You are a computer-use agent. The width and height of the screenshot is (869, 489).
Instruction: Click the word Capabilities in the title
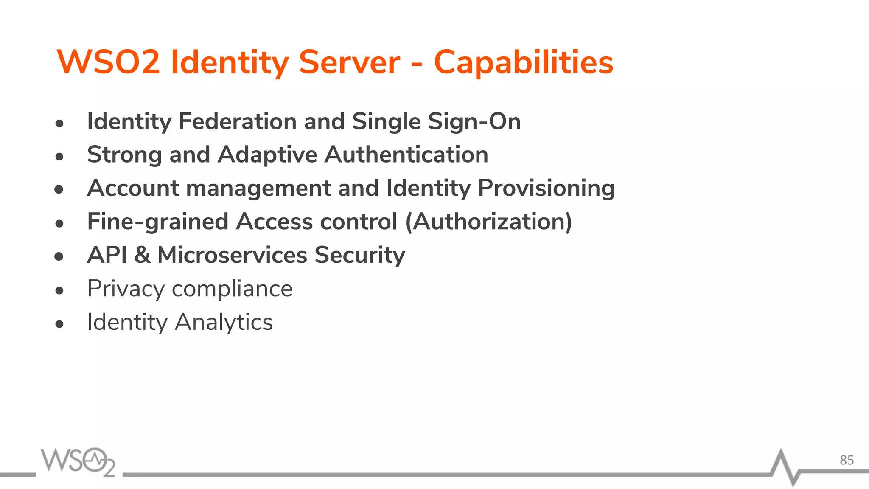[523, 63]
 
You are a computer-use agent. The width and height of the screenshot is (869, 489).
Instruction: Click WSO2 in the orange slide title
[109, 62]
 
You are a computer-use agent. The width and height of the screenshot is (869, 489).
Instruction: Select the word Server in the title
[349, 62]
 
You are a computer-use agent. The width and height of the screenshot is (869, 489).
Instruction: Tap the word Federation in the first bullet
[238, 121]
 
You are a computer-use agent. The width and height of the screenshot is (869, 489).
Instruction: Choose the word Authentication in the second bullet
[406, 155]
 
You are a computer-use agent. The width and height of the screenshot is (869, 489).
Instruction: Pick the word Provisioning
[546, 188]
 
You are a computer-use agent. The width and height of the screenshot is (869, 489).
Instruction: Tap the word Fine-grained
[157, 222]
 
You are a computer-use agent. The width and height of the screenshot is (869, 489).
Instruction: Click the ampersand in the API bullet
[142, 255]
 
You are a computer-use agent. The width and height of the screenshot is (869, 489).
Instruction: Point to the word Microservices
[232, 255]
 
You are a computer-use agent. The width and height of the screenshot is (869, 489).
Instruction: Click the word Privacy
[126, 289]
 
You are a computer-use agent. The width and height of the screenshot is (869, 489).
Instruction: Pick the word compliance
[232, 289]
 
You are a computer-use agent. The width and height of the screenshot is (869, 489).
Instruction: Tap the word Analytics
[224, 322]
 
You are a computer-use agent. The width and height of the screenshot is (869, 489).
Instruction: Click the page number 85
[847, 460]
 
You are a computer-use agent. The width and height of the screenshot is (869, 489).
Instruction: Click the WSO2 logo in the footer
[78, 462]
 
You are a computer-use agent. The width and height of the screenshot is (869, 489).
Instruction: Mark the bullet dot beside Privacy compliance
[59, 291]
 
